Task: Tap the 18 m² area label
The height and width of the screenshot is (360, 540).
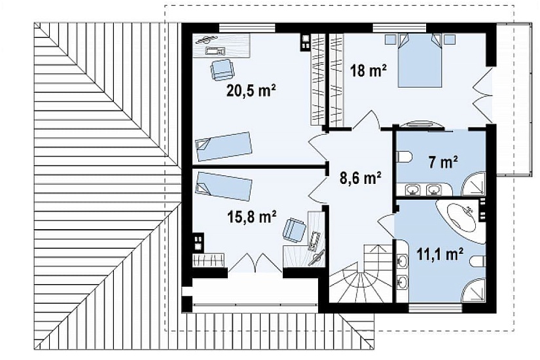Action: (x=368, y=71)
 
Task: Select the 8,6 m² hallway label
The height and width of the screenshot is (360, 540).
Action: (x=359, y=178)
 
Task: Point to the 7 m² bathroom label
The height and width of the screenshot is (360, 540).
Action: (x=443, y=162)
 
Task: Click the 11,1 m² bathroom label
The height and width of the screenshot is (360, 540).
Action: (x=439, y=254)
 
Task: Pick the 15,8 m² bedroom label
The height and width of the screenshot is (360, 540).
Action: (x=252, y=217)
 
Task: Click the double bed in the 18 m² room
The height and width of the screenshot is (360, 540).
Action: (x=420, y=60)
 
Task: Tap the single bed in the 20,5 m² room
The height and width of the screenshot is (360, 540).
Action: (x=224, y=147)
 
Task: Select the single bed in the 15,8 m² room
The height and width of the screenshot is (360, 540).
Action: (x=224, y=185)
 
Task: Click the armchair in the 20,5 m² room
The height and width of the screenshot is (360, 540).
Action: (x=222, y=69)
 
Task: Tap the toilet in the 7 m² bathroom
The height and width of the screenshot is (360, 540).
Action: (x=405, y=157)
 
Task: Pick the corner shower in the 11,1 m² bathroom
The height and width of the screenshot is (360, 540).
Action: (x=473, y=290)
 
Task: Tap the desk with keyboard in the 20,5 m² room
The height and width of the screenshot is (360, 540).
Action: (x=221, y=45)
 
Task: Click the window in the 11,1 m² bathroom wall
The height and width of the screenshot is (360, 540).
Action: (x=436, y=308)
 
